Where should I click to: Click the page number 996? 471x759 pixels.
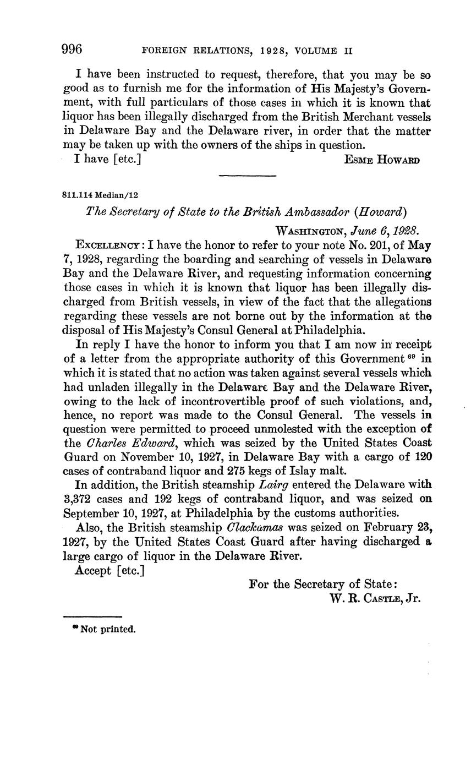[72, 50]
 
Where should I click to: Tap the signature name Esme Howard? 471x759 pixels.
[382, 160]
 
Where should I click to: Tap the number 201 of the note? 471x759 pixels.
[373, 244]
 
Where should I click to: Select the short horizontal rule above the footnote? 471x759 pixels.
[92, 616]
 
